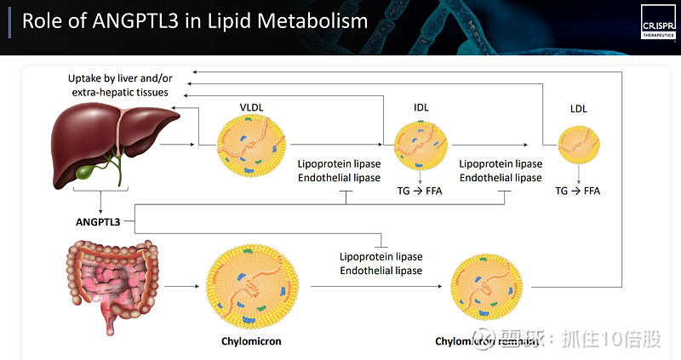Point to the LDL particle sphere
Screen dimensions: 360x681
point(578,146)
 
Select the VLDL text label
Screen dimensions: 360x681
point(252,106)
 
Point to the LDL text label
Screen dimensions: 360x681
point(578,109)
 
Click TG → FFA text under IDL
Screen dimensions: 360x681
point(420,191)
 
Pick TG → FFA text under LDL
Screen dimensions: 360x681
point(577,191)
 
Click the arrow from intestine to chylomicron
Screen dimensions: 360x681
point(178,288)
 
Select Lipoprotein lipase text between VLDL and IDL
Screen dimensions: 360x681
point(338,164)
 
